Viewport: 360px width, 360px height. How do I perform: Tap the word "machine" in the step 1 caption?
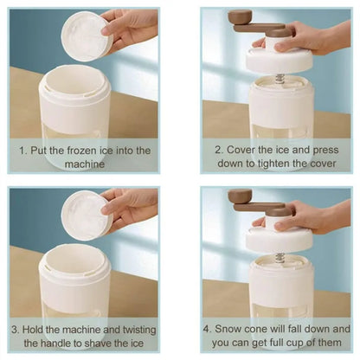tap(85, 164)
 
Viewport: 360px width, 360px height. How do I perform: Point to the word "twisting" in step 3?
tap(139, 330)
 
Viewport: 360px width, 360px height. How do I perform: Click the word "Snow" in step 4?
tap(228, 329)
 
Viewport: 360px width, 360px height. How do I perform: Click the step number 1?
tap(22, 151)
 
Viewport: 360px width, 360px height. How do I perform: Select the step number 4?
tap(207, 329)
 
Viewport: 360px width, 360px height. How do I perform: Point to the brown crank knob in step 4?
tap(240, 196)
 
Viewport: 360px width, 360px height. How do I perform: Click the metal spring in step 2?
tap(280, 79)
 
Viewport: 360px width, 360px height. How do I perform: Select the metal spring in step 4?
tap(280, 258)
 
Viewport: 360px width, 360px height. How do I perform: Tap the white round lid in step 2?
tap(280, 62)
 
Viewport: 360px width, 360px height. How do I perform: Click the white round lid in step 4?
tap(280, 241)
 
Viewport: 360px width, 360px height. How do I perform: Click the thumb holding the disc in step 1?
tap(107, 29)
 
